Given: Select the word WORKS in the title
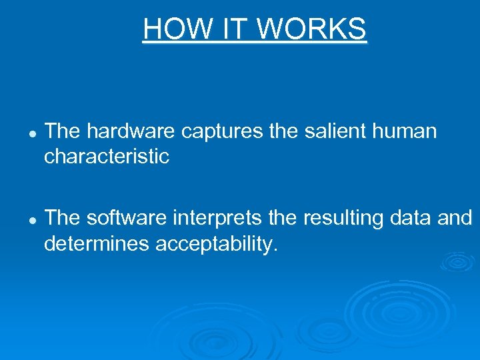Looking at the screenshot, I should point(312,29).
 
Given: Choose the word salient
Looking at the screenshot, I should point(327,132).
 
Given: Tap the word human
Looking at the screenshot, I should point(404,132).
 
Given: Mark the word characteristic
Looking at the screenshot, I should point(107,157).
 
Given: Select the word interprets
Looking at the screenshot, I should point(213,219).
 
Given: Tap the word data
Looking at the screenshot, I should point(415,219).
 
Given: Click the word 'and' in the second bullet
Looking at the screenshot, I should point(457,219).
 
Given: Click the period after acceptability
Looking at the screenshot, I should point(273,250).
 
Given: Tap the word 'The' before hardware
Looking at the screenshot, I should point(62,132).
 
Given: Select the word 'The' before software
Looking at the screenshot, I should point(62,219).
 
